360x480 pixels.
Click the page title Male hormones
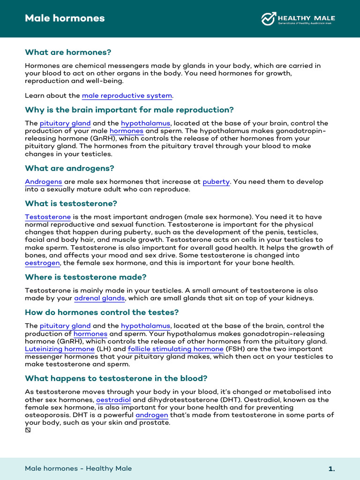(x=65, y=19)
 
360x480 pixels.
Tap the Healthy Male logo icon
(x=269, y=19)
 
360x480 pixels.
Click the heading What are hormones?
(x=68, y=52)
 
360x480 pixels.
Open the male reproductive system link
(x=127, y=96)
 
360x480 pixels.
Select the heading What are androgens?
(x=69, y=168)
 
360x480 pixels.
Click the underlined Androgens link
(x=43, y=182)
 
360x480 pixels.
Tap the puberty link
(x=216, y=182)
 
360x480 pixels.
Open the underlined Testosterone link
(x=48, y=217)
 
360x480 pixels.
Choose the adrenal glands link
(x=99, y=298)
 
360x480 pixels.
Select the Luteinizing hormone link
(x=60, y=349)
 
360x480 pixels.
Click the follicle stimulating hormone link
(x=175, y=349)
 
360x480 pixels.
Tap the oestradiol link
(x=113, y=400)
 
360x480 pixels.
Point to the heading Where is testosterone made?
(x=86, y=277)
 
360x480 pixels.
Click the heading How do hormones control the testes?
(x=102, y=312)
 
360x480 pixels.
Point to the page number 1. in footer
(x=331, y=469)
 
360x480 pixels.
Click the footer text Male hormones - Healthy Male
(x=78, y=468)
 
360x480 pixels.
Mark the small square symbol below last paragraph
(x=28, y=430)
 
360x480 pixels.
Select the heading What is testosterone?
(x=71, y=203)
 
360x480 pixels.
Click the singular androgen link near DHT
(x=152, y=415)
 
